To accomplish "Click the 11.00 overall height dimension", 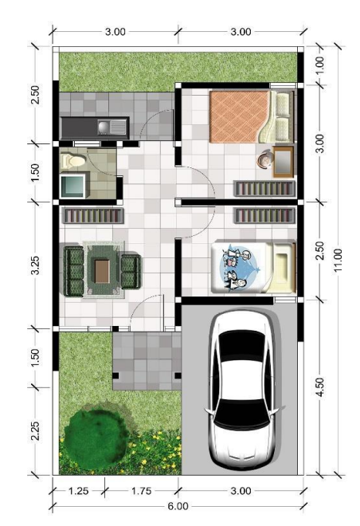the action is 338,261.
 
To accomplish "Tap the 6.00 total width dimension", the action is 178,506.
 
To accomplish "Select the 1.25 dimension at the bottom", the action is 79,491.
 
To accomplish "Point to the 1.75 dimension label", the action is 141,491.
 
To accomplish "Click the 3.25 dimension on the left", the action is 35,265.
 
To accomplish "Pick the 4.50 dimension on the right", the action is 320,387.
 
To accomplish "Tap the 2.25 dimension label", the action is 35,430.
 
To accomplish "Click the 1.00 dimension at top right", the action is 320,65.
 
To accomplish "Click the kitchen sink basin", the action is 104,128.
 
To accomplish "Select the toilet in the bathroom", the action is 71,161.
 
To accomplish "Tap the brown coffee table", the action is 102,272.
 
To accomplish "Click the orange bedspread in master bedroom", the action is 239,116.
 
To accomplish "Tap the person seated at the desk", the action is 264,159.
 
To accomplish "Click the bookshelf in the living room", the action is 93,216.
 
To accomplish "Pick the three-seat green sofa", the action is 73,271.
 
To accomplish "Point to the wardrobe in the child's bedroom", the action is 264,215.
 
